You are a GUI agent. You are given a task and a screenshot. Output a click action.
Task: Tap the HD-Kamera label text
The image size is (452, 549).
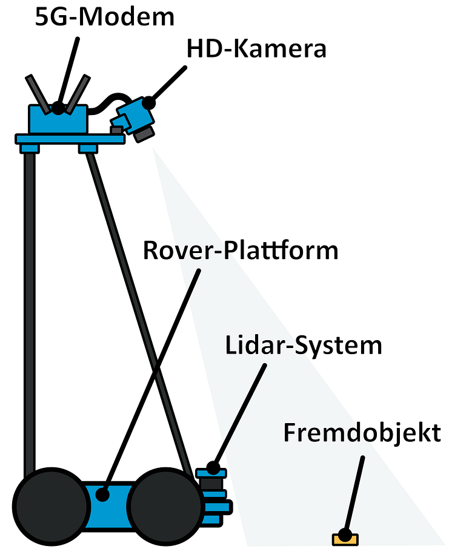coord(256,49)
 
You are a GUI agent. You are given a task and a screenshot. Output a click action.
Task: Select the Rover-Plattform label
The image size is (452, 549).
coord(240,250)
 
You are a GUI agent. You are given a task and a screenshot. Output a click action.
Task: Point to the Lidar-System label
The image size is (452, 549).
coord(304,346)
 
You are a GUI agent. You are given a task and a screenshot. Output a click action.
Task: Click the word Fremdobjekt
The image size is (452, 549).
coord(362,433)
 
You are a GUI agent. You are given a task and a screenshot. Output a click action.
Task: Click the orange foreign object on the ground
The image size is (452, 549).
coord(345,537)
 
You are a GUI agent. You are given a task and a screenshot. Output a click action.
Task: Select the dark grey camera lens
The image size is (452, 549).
coord(146,133)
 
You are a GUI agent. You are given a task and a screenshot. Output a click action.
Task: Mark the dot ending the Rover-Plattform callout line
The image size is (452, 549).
coord(102,495)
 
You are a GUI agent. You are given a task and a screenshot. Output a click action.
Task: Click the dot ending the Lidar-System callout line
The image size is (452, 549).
coord(213,467)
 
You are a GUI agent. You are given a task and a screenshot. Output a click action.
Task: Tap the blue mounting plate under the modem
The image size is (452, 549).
coord(70,139)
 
